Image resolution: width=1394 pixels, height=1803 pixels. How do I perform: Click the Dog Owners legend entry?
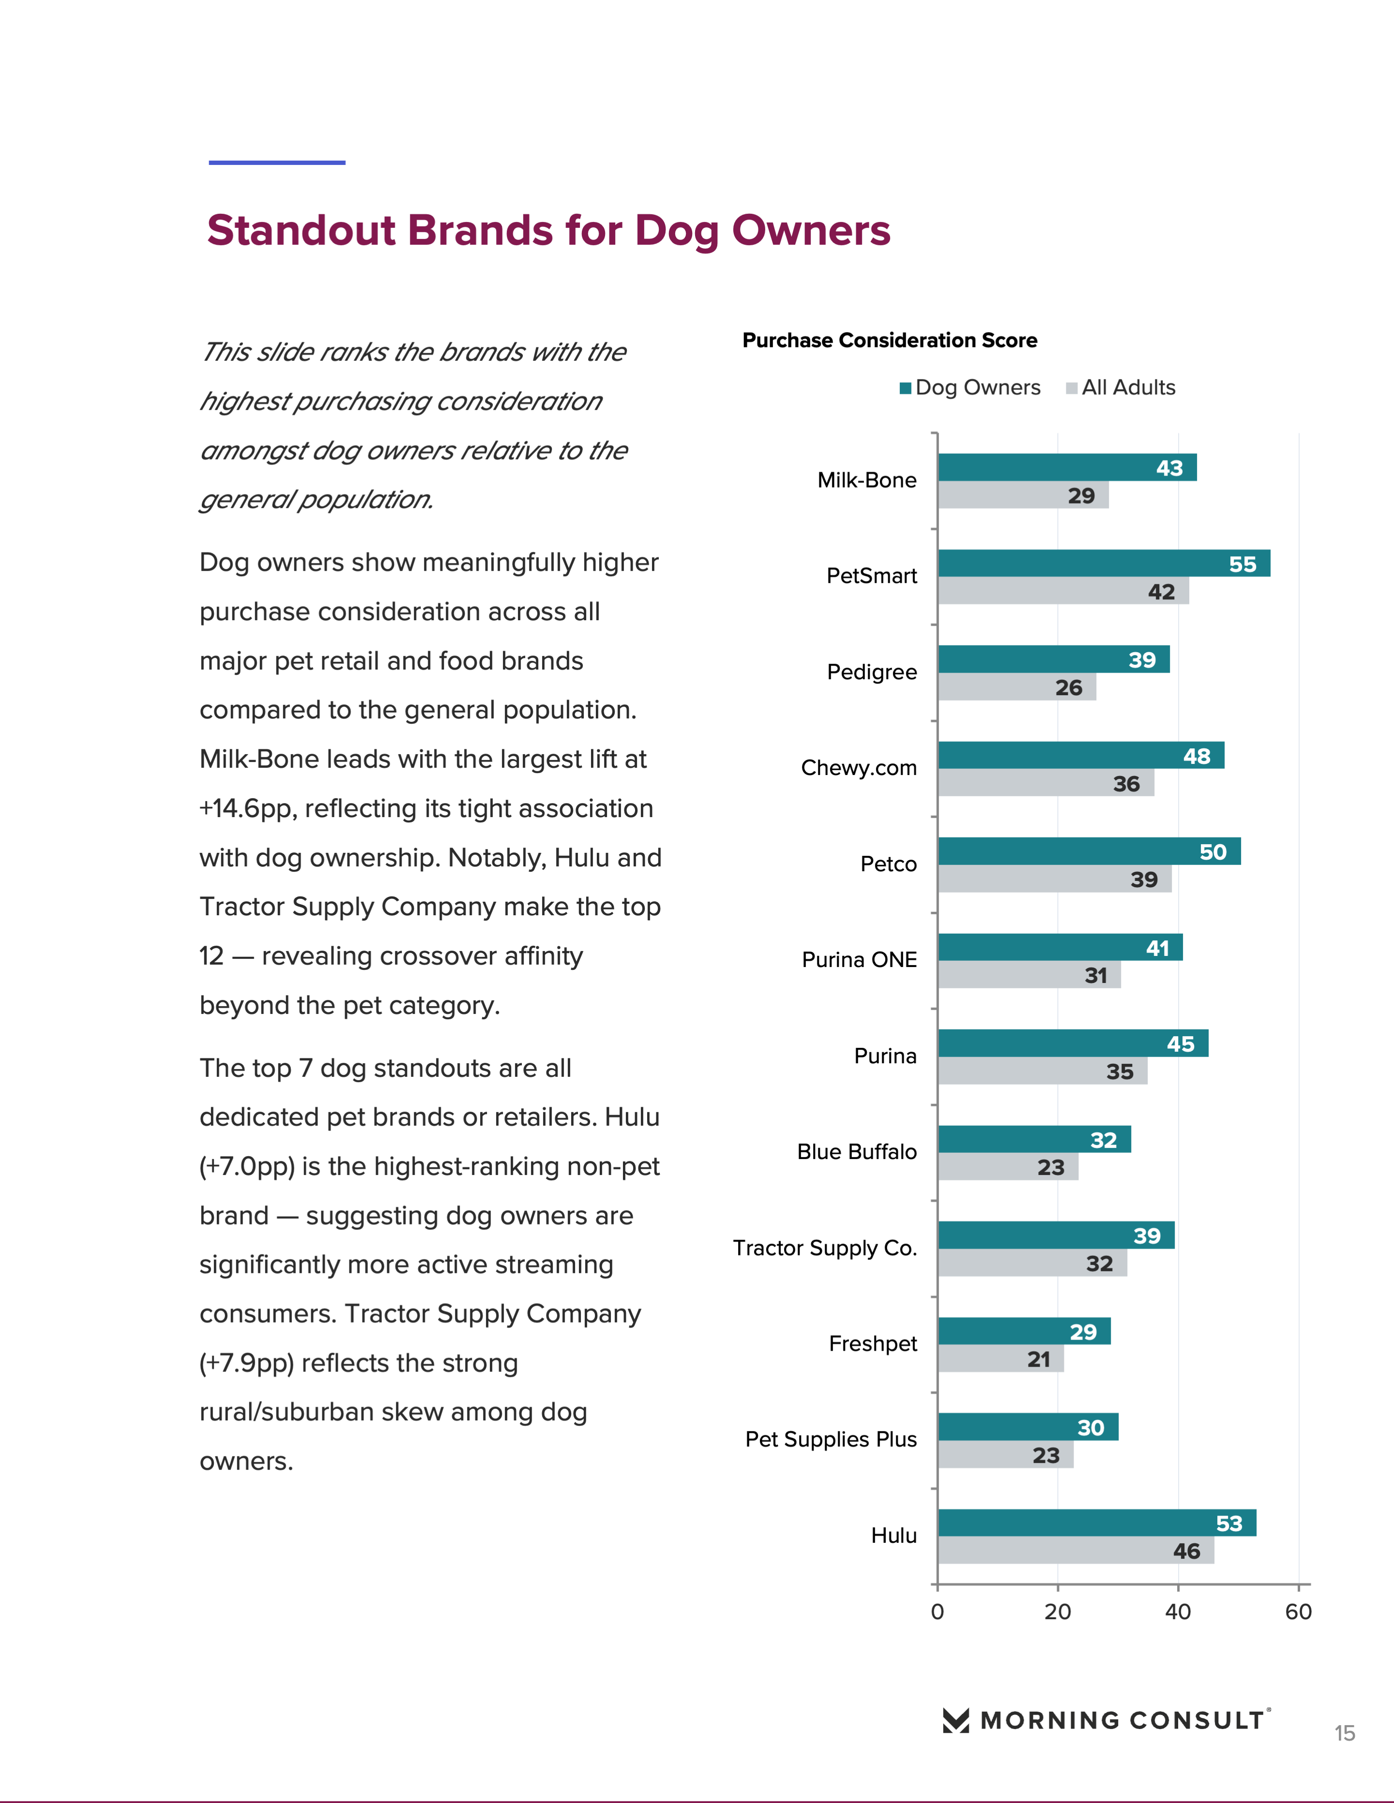970,388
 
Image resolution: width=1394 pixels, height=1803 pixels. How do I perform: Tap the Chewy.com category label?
859,768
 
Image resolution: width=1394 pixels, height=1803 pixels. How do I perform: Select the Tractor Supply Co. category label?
825,1248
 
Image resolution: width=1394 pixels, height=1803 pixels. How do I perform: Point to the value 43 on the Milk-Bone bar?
1169,468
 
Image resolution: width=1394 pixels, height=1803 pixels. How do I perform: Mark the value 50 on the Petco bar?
1212,852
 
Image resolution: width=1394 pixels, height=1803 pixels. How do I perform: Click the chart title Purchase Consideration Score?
890,340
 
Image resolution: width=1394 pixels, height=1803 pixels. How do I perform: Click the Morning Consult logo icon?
955,1720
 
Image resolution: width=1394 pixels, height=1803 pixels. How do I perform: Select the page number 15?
1345,1733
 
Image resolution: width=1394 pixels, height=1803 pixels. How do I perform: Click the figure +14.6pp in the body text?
248,808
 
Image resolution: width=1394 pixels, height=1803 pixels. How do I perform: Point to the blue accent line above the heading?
277,163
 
